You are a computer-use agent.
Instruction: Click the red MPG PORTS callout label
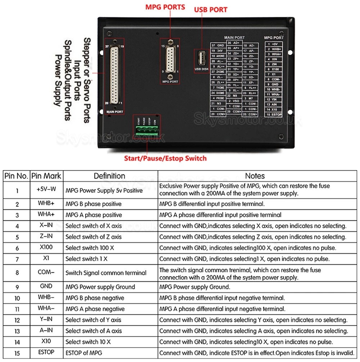point(165,7)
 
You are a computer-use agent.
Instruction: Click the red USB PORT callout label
point(211,9)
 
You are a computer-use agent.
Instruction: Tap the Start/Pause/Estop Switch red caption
point(165,158)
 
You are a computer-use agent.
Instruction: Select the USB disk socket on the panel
point(202,58)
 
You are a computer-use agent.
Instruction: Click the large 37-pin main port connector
point(114,76)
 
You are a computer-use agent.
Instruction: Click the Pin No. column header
point(16,176)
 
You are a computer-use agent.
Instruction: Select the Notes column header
point(255,176)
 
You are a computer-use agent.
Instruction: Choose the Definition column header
point(109,176)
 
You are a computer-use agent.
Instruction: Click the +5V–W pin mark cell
point(46,189)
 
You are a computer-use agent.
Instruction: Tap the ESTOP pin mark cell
point(46,353)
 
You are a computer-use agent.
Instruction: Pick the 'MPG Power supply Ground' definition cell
point(100,287)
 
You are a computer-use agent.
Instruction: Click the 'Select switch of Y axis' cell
point(94,320)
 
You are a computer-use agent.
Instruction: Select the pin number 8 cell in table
point(17,273)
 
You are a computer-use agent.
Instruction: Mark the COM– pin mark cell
point(46,272)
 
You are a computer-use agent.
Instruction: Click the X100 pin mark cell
point(46,247)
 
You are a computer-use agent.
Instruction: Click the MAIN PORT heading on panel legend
point(234,37)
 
